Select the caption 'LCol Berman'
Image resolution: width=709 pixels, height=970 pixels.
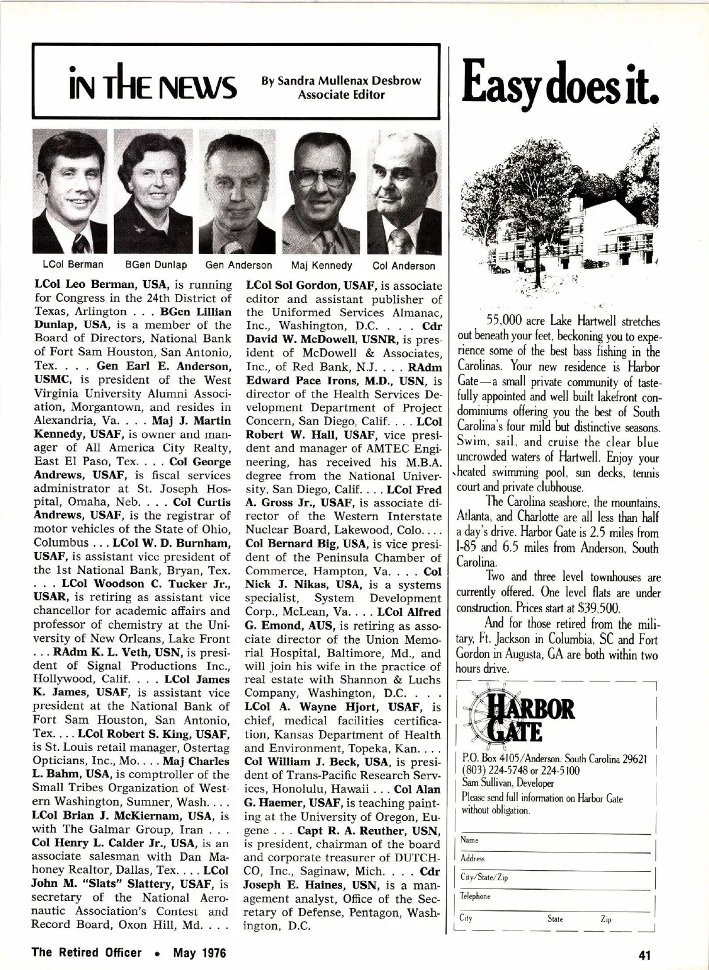pyautogui.click(x=73, y=264)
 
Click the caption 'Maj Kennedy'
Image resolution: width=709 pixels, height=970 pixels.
pyautogui.click(x=321, y=266)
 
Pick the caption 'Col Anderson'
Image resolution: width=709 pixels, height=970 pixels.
pyautogui.click(x=404, y=266)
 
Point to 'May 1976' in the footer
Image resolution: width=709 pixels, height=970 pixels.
pyautogui.click(x=199, y=952)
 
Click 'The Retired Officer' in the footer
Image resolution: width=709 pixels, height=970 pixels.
pyautogui.click(x=87, y=952)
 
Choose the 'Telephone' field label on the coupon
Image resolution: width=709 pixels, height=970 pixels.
pyautogui.click(x=476, y=896)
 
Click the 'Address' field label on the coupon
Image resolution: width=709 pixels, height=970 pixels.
pyautogui.click(x=473, y=858)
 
